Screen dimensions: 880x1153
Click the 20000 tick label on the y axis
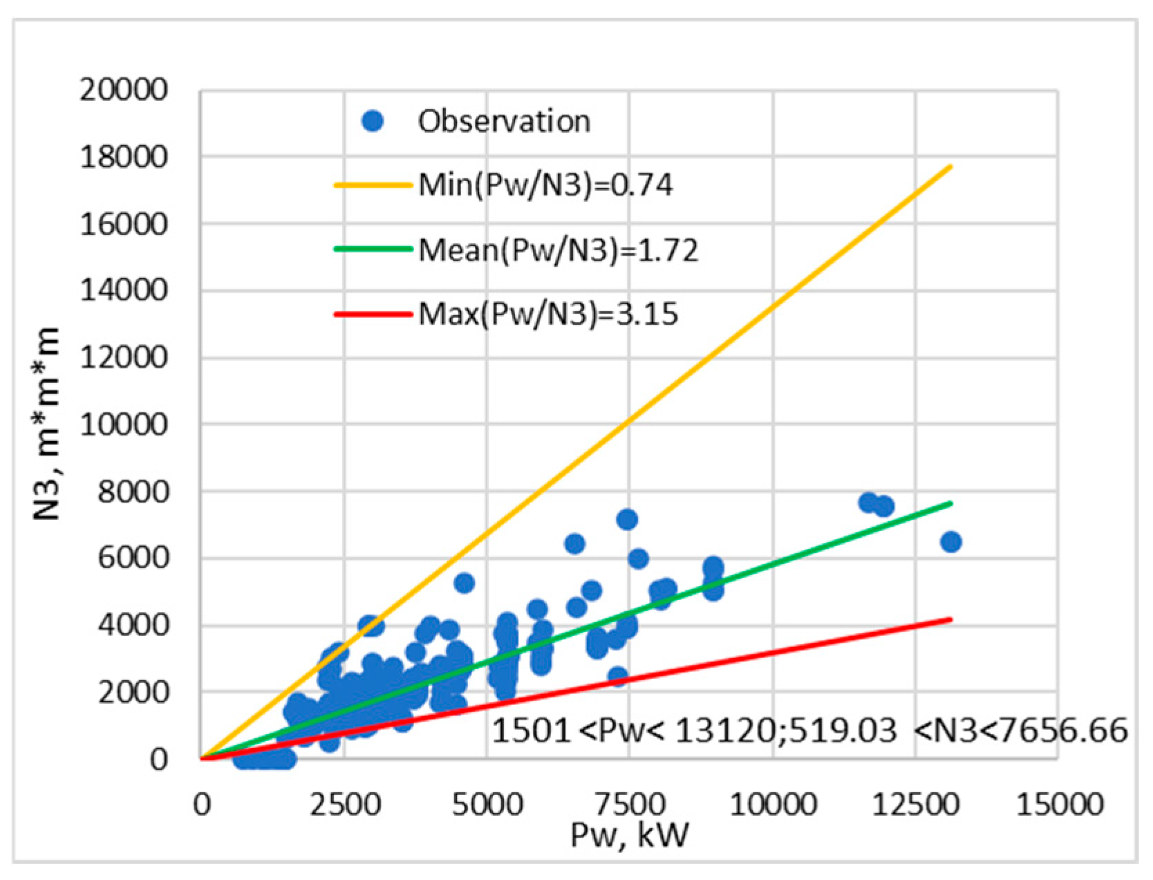click(x=124, y=90)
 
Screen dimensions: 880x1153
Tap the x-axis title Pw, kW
click(x=629, y=836)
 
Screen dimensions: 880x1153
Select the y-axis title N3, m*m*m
click(x=48, y=423)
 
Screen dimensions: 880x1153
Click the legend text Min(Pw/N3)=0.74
click(x=545, y=185)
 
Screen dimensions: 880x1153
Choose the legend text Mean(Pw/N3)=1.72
click(x=559, y=250)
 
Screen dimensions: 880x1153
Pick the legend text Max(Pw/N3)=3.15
click(x=548, y=315)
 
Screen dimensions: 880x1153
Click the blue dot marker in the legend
click(x=373, y=122)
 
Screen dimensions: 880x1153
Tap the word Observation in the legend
click(x=504, y=122)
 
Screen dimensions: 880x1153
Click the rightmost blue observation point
click(x=950, y=542)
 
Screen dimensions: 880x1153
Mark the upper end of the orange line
click(x=951, y=167)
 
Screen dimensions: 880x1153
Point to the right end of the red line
click(x=951, y=619)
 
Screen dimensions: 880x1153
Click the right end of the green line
click(x=951, y=503)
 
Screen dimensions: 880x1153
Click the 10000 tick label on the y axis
click(x=124, y=424)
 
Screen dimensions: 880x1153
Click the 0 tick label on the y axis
click(x=158, y=759)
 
